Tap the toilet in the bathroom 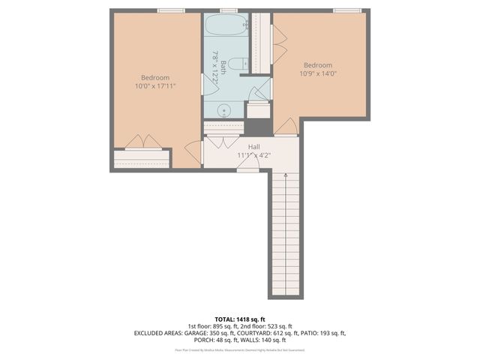236,64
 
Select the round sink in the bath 223,110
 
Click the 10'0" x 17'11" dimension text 155,87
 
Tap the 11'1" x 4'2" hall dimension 253,155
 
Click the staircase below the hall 285,232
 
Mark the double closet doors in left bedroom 142,142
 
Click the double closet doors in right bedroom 278,45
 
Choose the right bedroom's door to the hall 285,127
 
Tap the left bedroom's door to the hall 193,151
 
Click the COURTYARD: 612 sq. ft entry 274,332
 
